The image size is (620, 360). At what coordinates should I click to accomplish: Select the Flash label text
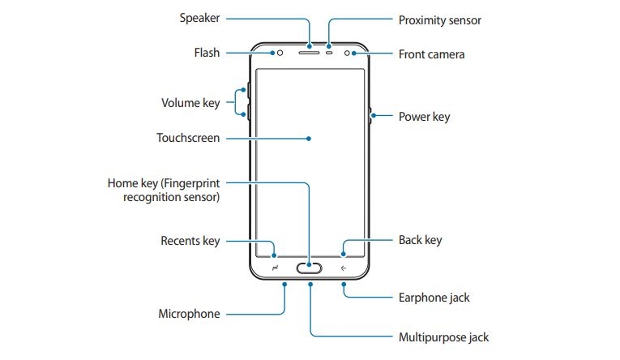pyautogui.click(x=206, y=54)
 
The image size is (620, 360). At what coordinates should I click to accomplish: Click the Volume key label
pyautogui.click(x=190, y=103)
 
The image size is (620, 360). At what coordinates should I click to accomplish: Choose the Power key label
pyautogui.click(x=424, y=117)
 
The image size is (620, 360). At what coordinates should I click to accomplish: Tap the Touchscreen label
pyautogui.click(x=188, y=138)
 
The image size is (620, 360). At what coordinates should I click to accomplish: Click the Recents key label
pyautogui.click(x=190, y=241)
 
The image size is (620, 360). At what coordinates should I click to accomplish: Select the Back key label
pyautogui.click(x=420, y=240)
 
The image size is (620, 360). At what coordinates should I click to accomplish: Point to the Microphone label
pyautogui.click(x=190, y=313)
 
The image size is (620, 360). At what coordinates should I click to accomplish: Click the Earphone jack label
pyautogui.click(x=434, y=298)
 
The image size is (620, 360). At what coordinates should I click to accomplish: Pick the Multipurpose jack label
pyautogui.click(x=443, y=336)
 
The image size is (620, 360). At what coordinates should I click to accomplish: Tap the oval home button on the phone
pyautogui.click(x=310, y=268)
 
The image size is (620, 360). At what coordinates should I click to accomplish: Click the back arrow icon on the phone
pyautogui.click(x=344, y=268)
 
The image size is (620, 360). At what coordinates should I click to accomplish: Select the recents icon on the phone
pyautogui.click(x=276, y=268)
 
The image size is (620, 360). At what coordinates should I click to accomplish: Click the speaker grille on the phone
pyautogui.click(x=310, y=54)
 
